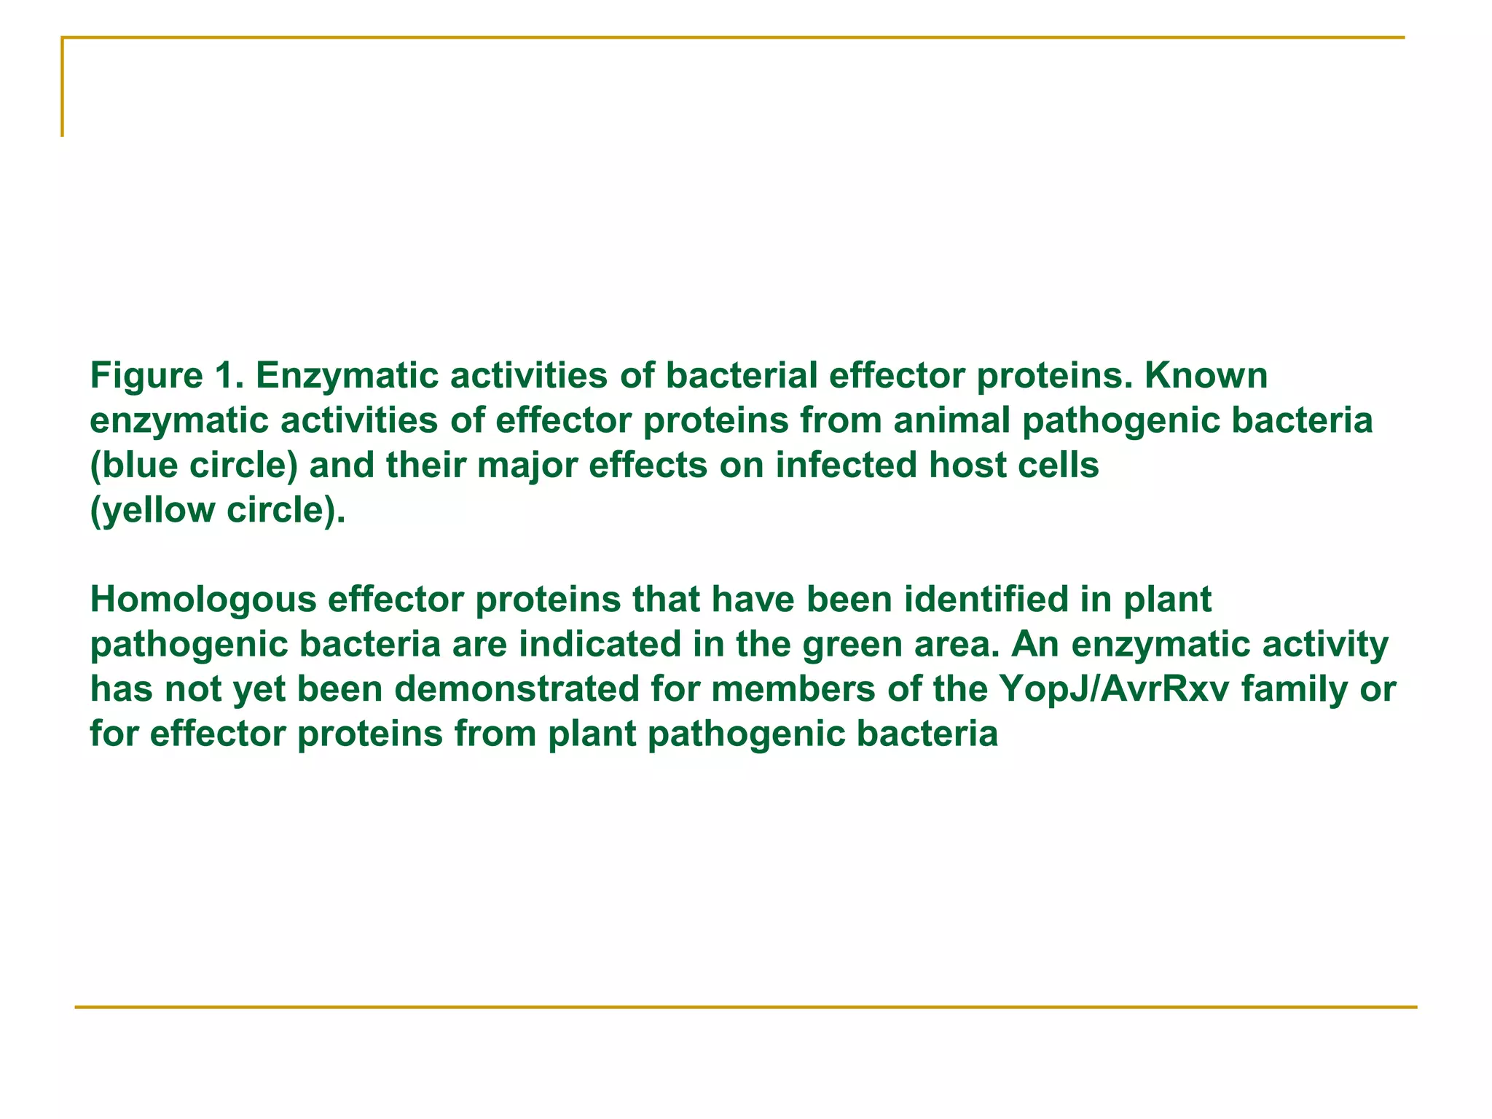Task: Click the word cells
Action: pos(1061,466)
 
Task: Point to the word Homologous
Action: pos(203,600)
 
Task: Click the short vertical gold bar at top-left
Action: pos(63,87)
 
